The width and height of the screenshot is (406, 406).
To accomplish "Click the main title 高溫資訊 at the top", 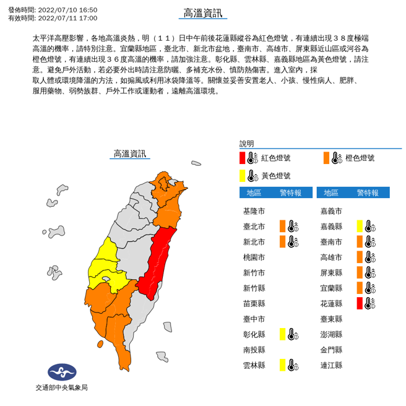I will [202, 14].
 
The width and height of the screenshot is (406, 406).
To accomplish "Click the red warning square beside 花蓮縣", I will [359, 303].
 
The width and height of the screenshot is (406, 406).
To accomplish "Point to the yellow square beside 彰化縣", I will [282, 334].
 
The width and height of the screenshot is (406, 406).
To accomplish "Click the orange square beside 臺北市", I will [282, 226].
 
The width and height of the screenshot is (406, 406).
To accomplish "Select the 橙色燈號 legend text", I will [360, 158].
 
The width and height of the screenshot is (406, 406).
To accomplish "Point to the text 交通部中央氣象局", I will [61, 387].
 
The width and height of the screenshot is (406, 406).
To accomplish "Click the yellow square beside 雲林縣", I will [282, 365].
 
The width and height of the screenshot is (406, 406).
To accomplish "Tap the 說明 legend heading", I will [247, 144].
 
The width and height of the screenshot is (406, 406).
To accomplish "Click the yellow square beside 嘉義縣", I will [359, 226].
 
